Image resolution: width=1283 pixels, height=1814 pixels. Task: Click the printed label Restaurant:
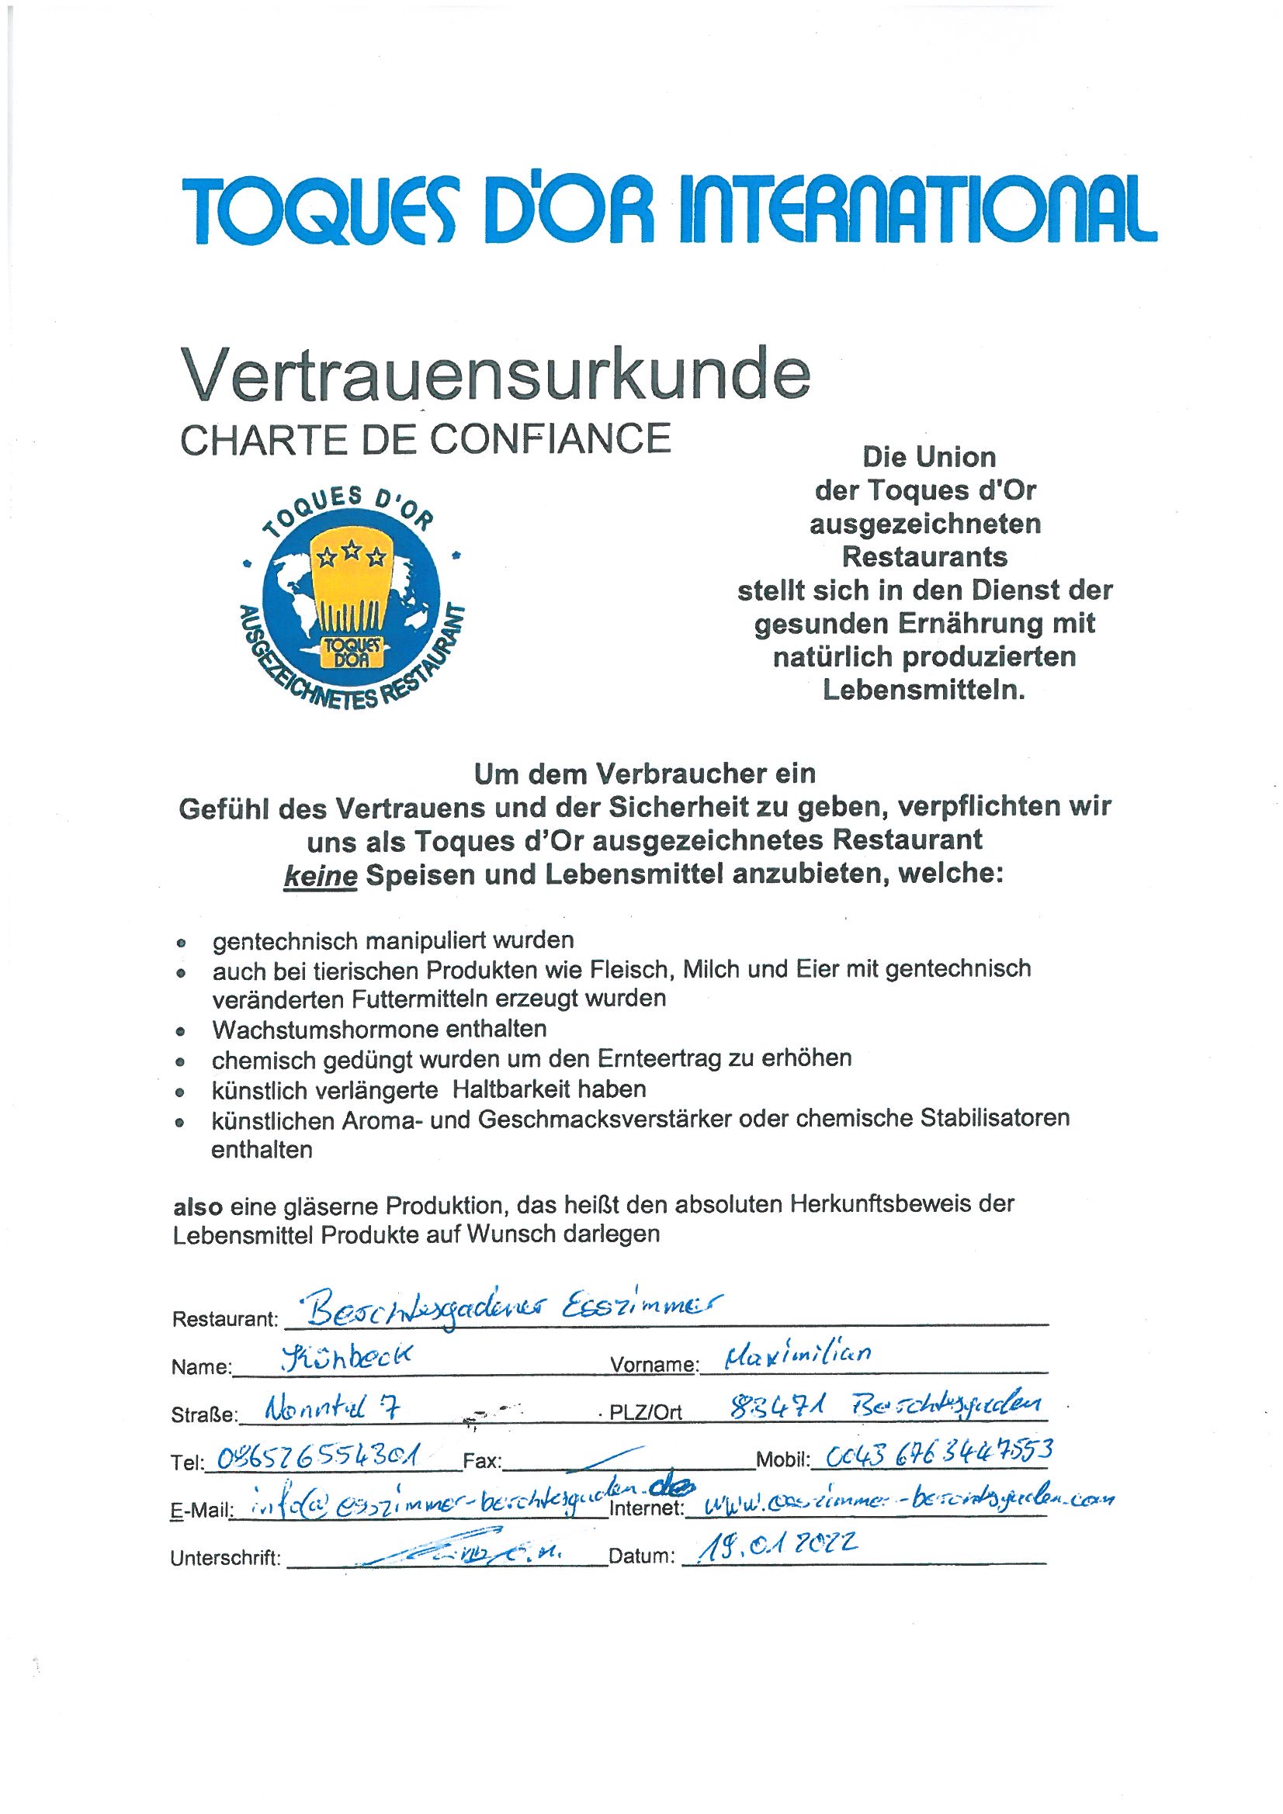click(225, 1319)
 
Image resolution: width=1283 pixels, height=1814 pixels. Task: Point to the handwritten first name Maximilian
click(798, 1353)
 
